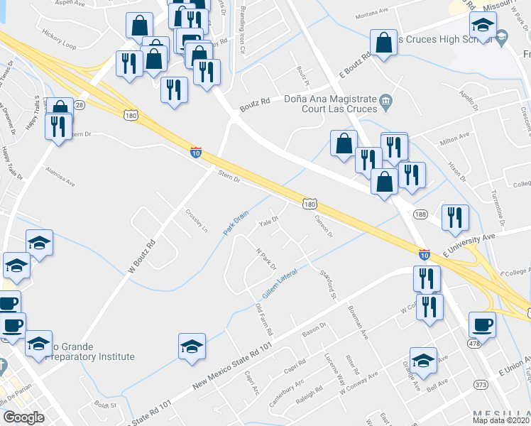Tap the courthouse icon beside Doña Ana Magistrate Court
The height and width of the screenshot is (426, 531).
click(x=385, y=101)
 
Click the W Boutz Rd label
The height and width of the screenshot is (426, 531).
click(x=141, y=256)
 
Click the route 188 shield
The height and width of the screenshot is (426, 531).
click(x=420, y=214)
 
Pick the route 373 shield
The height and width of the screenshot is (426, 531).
click(x=481, y=384)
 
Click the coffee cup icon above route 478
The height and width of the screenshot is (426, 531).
click(x=482, y=325)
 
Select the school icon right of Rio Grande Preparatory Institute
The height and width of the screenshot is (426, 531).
click(x=192, y=346)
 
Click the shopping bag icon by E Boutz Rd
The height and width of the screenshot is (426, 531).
click(x=384, y=43)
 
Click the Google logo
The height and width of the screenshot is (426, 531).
click(x=24, y=417)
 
